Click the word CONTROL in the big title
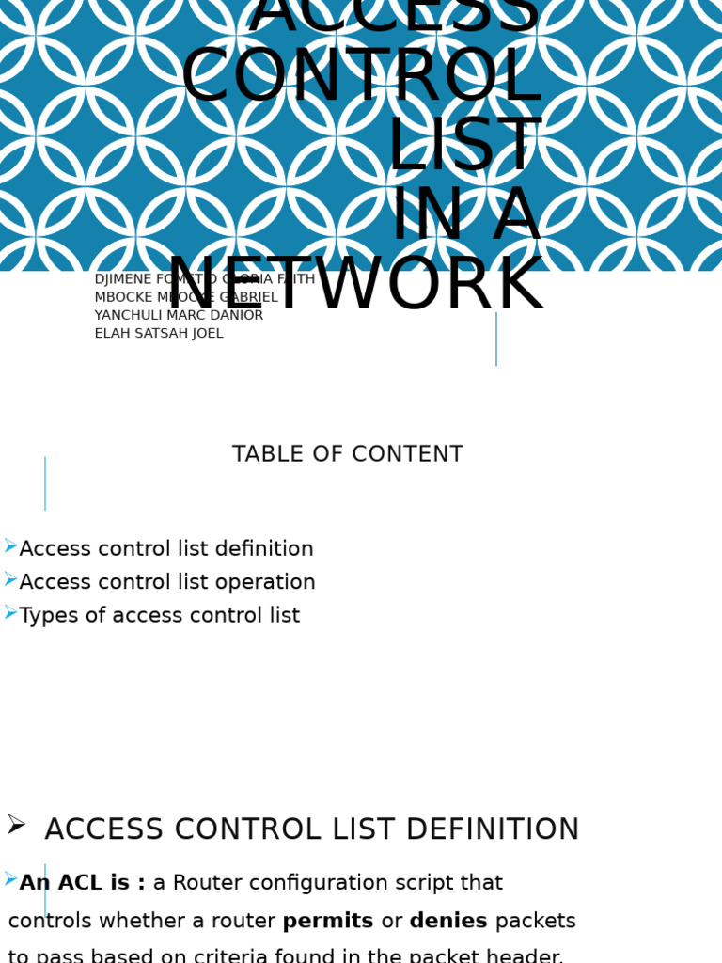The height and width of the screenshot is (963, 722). [x=361, y=77]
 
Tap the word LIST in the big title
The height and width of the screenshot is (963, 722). [x=463, y=147]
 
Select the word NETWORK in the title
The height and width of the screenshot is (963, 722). [x=355, y=286]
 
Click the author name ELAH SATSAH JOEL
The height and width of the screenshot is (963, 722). [x=159, y=334]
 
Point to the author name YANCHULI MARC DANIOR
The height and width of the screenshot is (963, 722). [x=179, y=316]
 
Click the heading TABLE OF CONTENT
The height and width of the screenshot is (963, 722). [x=348, y=455]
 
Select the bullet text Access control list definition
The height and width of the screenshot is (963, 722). [x=166, y=549]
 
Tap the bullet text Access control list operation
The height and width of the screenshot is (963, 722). [x=167, y=583]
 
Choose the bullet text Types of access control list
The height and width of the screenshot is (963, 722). [x=160, y=616]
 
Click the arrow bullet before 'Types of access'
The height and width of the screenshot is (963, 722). [x=10, y=613]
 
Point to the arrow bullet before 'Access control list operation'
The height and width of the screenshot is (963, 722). [x=10, y=580]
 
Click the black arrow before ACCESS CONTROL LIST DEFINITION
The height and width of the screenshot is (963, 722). [x=16, y=825]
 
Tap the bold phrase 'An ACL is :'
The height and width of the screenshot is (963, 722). [x=83, y=884]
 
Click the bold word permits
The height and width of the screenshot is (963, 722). [x=328, y=922]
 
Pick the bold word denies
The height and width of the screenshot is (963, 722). [x=448, y=922]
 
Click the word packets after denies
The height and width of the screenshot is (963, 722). [x=536, y=922]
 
